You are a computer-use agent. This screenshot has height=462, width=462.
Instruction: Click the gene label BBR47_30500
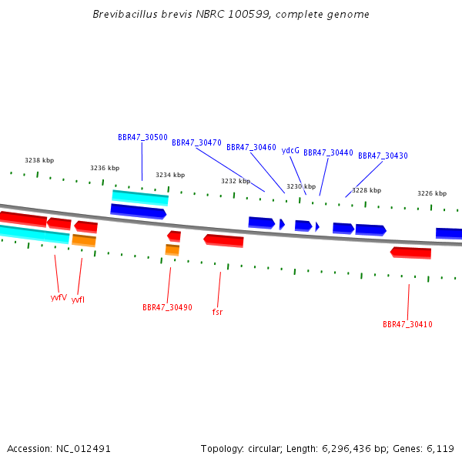pos(142,137)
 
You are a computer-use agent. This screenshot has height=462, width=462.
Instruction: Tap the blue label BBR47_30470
pos(196,142)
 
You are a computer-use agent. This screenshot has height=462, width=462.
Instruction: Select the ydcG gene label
pos(290,151)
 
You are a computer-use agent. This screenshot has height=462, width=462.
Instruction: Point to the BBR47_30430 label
pos(383,156)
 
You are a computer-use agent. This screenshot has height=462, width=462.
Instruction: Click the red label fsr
pos(217,312)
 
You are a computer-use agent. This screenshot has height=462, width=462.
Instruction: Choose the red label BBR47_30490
pos(167,307)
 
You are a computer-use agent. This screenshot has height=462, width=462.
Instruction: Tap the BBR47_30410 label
pos(407,324)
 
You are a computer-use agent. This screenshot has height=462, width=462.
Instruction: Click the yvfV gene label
pos(59,297)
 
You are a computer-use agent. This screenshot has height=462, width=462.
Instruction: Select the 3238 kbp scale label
pos(39,160)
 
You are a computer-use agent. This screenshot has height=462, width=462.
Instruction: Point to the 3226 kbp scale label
pos(432,193)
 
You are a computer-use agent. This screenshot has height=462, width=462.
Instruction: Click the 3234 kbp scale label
pos(170,175)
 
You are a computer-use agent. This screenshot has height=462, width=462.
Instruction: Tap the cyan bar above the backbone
pos(140,198)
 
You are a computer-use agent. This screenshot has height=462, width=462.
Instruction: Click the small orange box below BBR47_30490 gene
pos(172,249)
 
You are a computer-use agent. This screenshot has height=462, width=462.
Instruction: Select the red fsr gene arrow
pos(223,241)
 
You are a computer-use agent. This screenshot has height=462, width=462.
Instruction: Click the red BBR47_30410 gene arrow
pos(410,253)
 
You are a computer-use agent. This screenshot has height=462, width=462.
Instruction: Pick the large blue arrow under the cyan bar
pos(139,212)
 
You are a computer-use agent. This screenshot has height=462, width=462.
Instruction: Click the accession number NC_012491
pos(83,449)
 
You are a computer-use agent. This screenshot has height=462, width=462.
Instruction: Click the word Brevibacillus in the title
pos(126,14)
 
